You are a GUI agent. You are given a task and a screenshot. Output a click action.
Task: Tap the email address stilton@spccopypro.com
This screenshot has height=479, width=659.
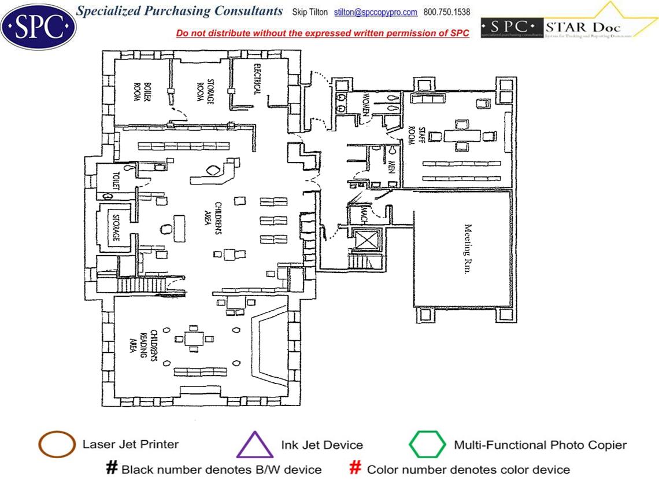[x=375, y=12]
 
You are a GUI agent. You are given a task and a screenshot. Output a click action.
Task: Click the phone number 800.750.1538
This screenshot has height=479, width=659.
[x=447, y=12]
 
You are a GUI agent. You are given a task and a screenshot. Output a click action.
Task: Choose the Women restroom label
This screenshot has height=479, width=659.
[x=365, y=104]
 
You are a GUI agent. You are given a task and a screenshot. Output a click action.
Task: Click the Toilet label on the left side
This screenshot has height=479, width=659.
[x=116, y=180]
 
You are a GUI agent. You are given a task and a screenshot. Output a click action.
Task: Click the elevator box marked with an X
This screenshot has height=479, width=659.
[x=365, y=240]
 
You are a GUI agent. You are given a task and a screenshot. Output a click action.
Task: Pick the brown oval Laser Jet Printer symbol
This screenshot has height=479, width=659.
[x=57, y=445]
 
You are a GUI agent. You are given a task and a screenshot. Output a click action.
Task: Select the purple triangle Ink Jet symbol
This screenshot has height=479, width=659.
[x=254, y=445]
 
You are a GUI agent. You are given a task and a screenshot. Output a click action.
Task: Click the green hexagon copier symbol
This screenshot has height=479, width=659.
[x=427, y=445]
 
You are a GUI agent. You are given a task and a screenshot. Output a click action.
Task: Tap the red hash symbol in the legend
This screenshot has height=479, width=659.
[x=356, y=467]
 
